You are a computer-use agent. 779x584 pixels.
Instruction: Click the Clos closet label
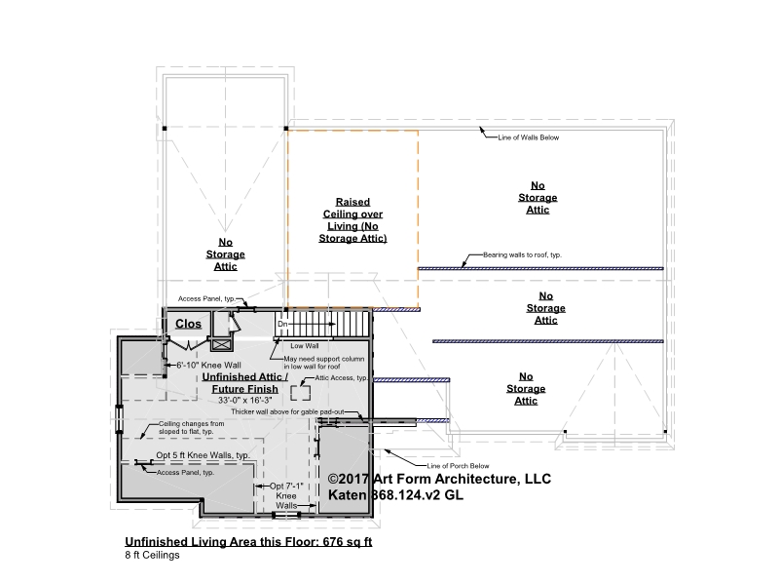coord(188,324)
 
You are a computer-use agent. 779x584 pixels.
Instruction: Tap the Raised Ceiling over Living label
coord(352,220)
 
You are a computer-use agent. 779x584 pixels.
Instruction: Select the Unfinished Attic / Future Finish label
coord(245,383)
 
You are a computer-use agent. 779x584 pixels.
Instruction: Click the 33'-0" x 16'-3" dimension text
coord(245,400)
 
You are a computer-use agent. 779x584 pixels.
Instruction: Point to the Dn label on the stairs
coord(282,324)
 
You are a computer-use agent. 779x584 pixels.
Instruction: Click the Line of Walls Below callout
coord(529,137)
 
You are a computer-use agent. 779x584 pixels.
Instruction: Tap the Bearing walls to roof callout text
coord(522,254)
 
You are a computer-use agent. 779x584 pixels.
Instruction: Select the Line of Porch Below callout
coord(458,466)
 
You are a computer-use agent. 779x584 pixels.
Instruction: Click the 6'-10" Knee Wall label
coord(208,366)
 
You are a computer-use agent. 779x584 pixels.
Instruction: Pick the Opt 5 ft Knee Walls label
coord(203,455)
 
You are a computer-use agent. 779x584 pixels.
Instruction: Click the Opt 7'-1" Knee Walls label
coord(286,495)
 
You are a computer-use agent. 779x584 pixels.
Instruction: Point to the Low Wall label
coord(305,346)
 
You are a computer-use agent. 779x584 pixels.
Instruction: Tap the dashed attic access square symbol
coord(301,393)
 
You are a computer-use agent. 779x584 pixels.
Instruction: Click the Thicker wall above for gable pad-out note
coord(287,411)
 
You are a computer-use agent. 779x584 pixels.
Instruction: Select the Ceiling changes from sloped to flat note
coord(191,427)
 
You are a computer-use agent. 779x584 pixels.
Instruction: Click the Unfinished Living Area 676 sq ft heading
coord(248,542)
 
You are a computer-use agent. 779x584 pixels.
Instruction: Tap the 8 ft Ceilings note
coord(152,555)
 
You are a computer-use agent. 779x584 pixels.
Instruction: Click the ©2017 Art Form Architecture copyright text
coord(439,479)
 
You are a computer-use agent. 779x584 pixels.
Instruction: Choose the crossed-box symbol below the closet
coord(221,344)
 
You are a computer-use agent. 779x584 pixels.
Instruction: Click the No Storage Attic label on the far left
coord(226,254)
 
